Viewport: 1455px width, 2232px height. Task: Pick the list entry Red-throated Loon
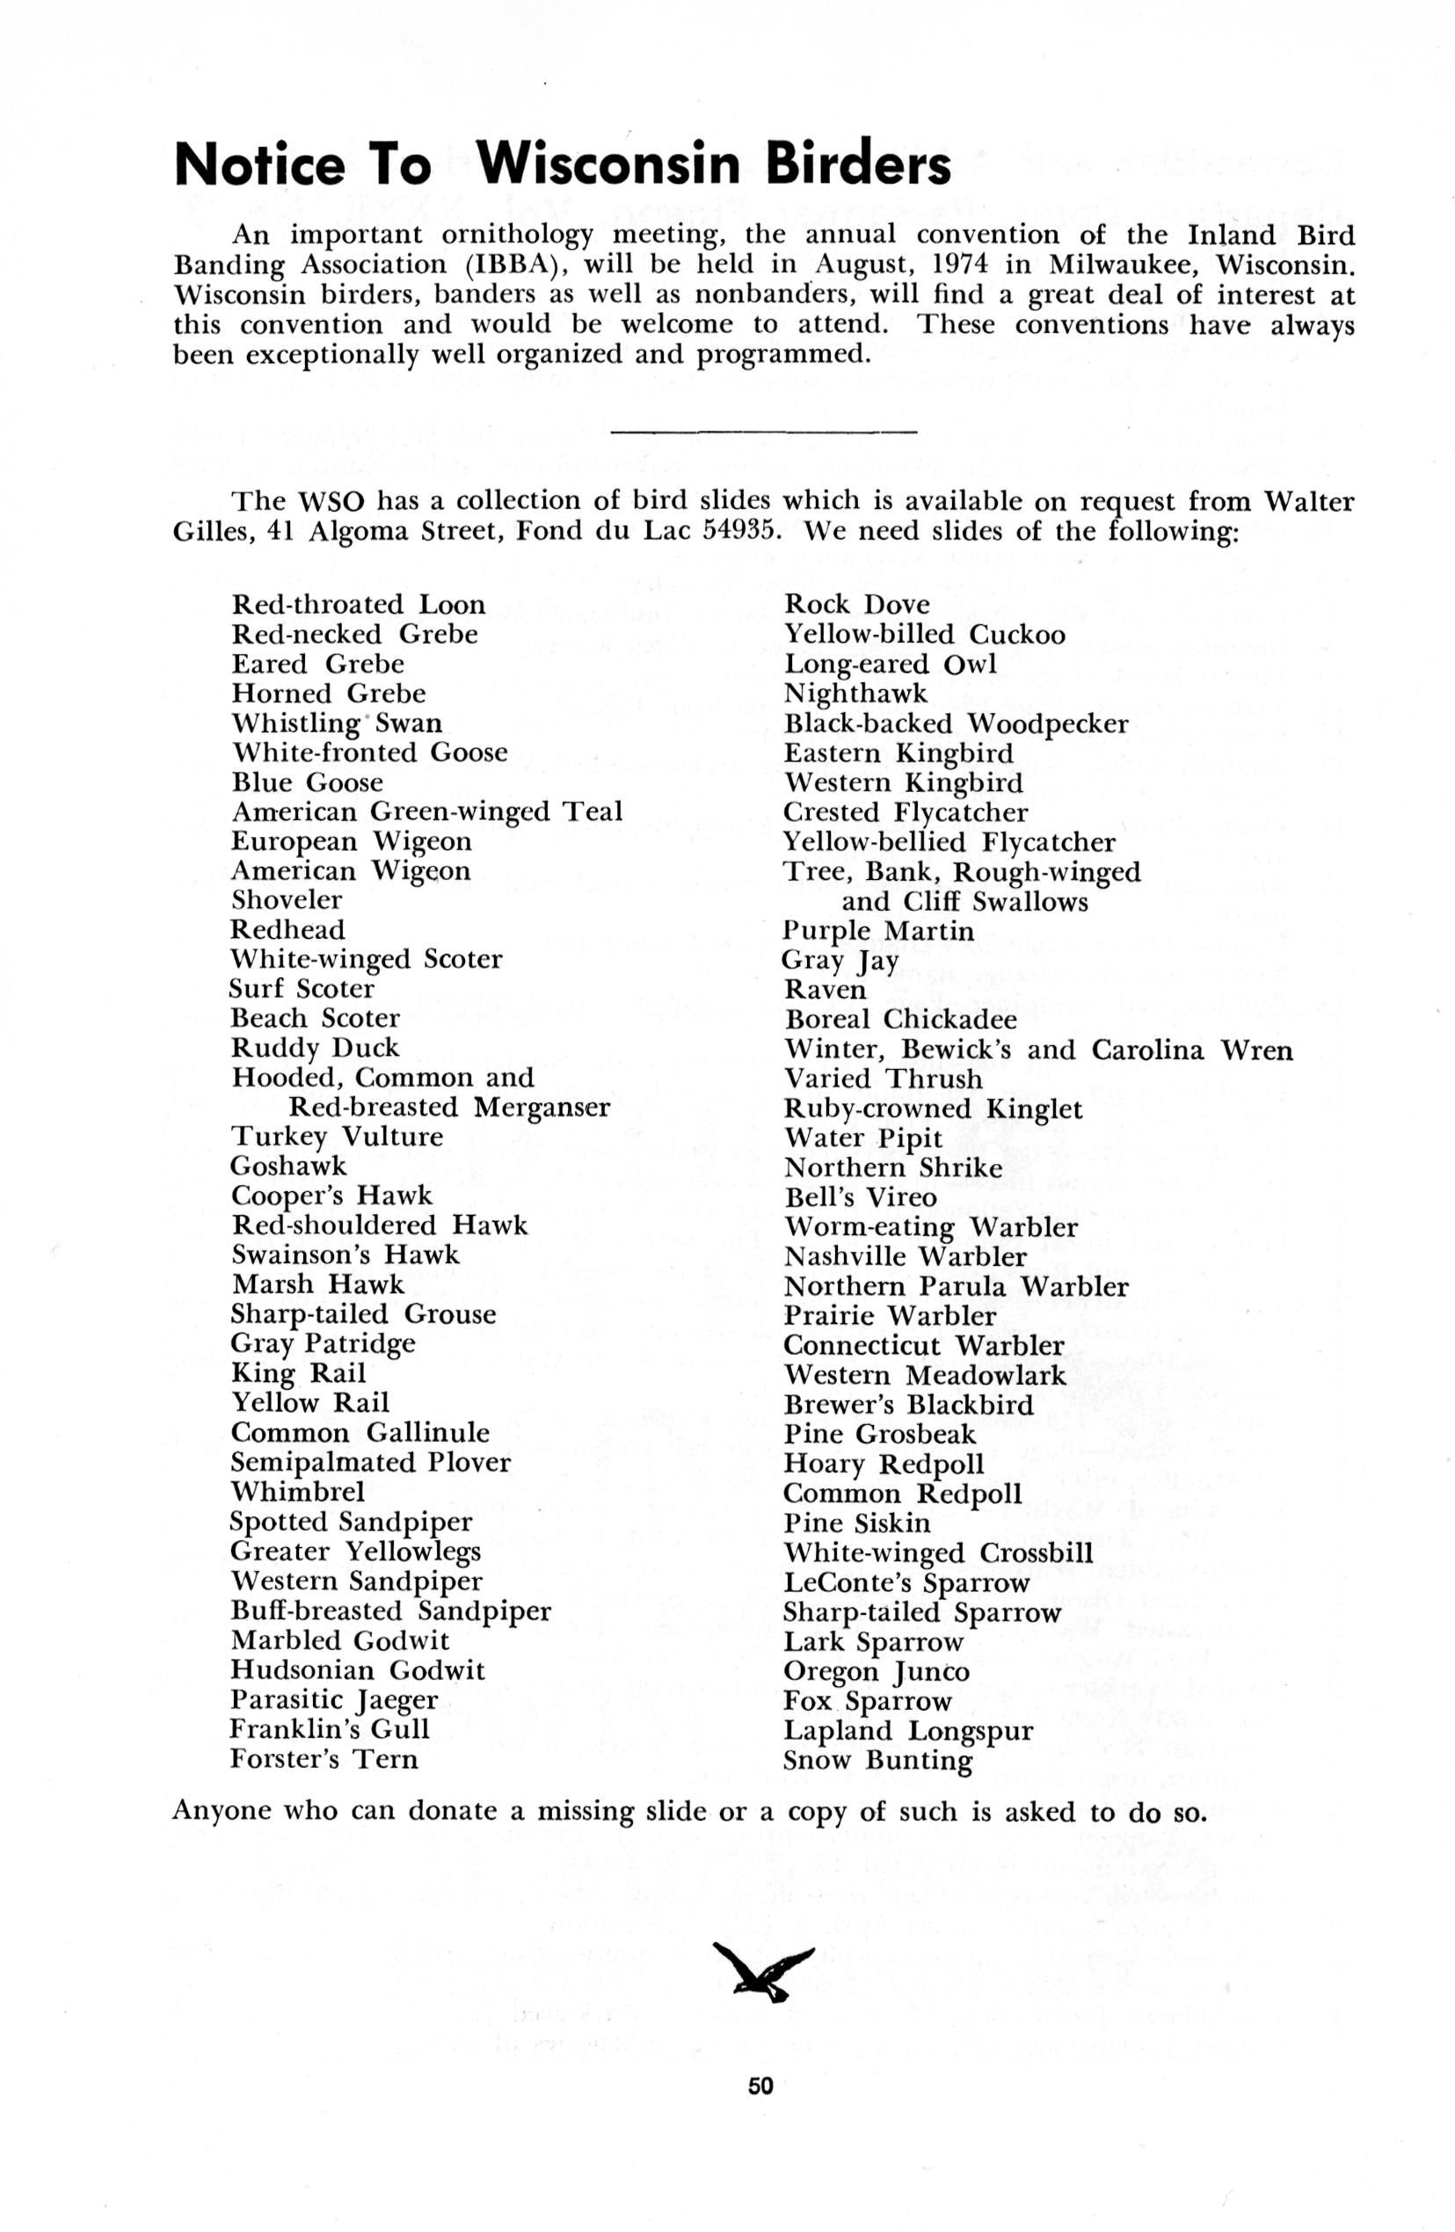359,605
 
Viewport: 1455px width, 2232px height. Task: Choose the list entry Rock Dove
856,605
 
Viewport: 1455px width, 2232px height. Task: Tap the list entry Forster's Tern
324,1758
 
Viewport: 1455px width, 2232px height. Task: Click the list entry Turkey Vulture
337,1137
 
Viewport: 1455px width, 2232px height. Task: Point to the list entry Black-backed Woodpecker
956,724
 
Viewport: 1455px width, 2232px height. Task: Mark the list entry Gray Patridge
323,1344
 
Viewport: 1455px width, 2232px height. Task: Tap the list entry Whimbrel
298,1491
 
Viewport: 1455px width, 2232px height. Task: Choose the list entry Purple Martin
879,930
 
